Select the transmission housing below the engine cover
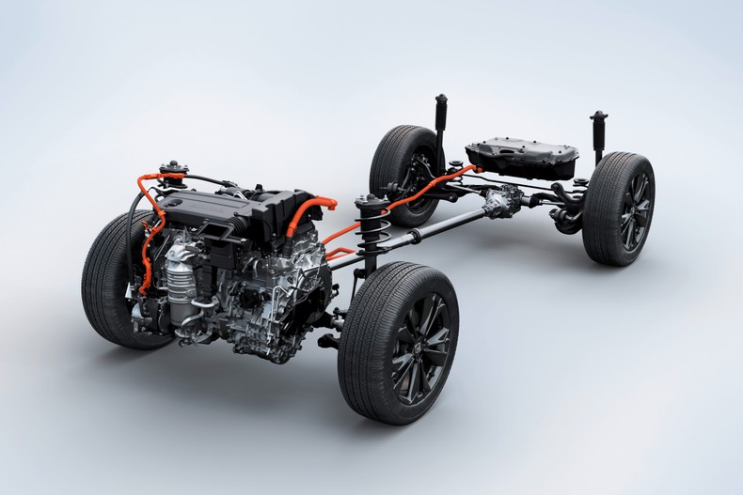[x=273, y=301]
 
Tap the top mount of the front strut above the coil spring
[x=366, y=202]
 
